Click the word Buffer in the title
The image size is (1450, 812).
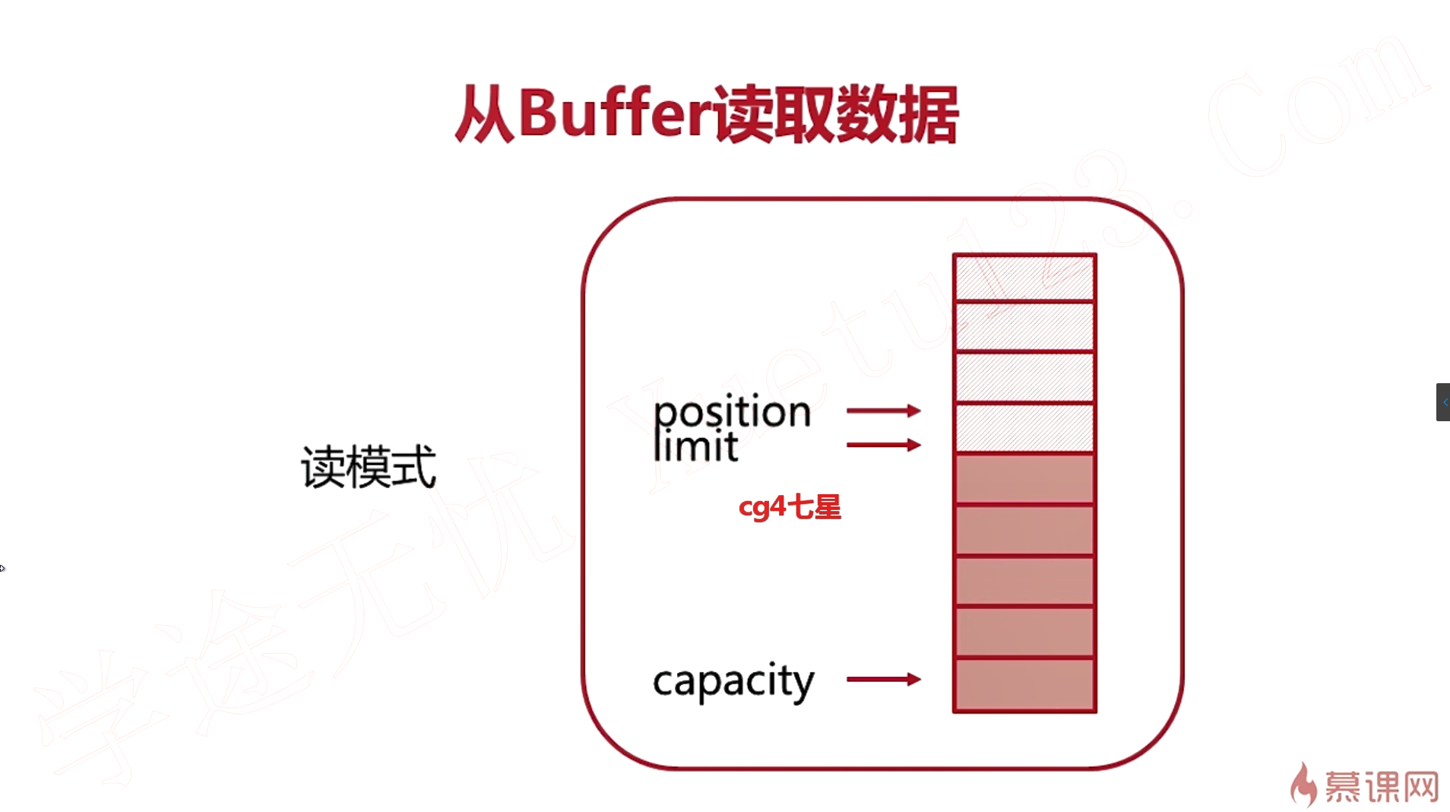pyautogui.click(x=616, y=114)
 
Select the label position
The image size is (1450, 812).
pyautogui.click(x=732, y=412)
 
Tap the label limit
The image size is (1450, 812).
pyautogui.click(x=695, y=446)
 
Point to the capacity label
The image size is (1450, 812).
pyautogui.click(x=733, y=681)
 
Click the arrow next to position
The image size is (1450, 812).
pyautogui.click(x=883, y=411)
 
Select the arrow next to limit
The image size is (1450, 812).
pyautogui.click(x=883, y=445)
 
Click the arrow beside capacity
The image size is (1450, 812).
pyautogui.click(x=883, y=679)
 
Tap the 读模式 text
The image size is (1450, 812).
pyautogui.click(x=369, y=467)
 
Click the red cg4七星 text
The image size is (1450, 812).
pyautogui.click(x=790, y=507)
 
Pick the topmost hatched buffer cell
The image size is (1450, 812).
pyautogui.click(x=1024, y=278)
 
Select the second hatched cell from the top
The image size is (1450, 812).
pyautogui.click(x=1024, y=327)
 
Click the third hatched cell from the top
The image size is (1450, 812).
pyautogui.click(x=1024, y=377)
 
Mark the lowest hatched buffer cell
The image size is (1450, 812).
pyautogui.click(x=1024, y=427)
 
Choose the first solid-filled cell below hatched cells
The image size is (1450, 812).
pyautogui.click(x=1024, y=479)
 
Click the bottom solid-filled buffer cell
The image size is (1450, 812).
pyautogui.click(x=1024, y=685)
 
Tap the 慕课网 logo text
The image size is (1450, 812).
pyautogui.click(x=1382, y=787)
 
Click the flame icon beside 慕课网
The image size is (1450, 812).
pyautogui.click(x=1303, y=785)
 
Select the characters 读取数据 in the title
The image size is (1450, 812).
pyautogui.click(x=836, y=114)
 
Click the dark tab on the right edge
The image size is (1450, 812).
pyautogui.click(x=1442, y=402)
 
